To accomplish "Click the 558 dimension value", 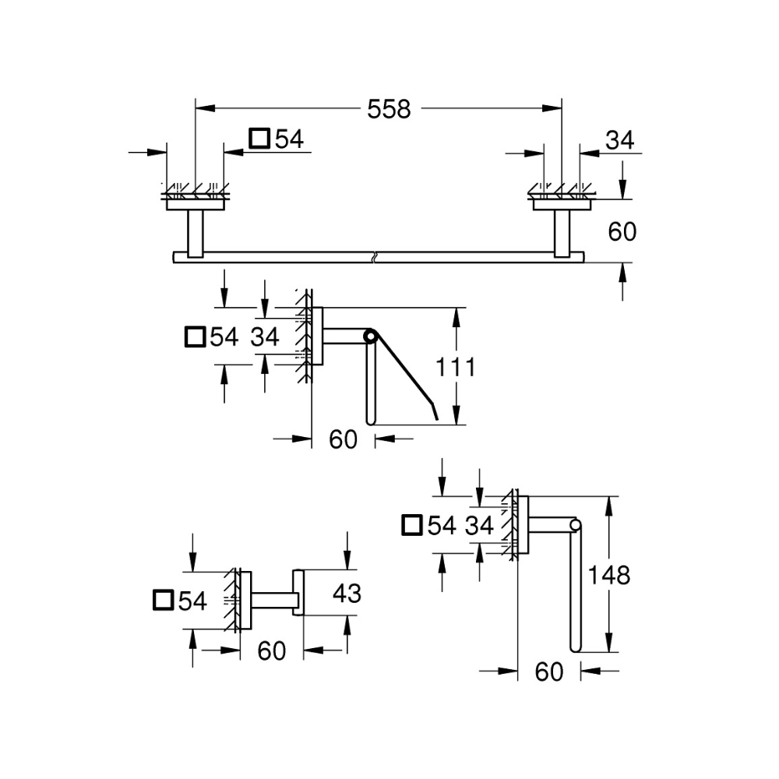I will pos(389,110).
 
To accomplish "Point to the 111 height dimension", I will pos(455,367).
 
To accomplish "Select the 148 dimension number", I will pos(609,576).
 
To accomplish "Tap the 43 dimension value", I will pos(347,594).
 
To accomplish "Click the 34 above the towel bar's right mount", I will pos(620,140).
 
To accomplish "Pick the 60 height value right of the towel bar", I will pos(621,231).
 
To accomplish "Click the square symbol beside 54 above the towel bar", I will pos(259,139).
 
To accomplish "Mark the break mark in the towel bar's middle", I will pos(376,256).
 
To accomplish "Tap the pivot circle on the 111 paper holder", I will pos(370,337).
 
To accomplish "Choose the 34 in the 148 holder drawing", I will pos(480,525).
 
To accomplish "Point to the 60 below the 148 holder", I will pos(549,671).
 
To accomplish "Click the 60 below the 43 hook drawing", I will pos(271,650).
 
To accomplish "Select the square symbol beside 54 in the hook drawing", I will pos(164,600).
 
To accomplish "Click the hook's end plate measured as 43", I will pos(298,593).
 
